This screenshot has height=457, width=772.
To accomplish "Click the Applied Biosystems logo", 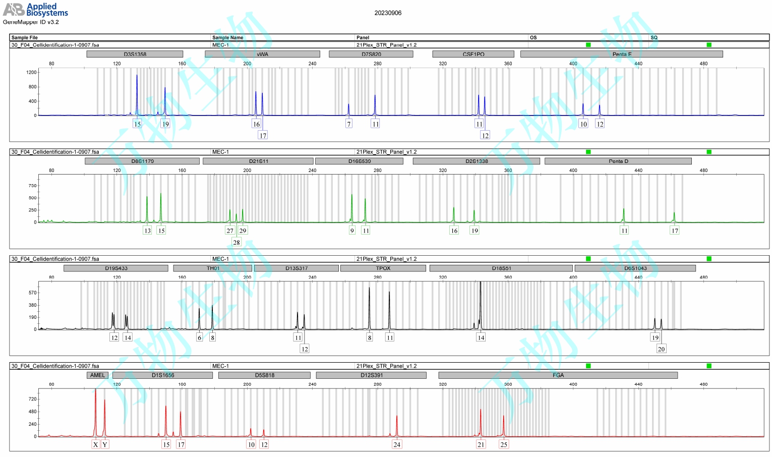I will coord(35,10).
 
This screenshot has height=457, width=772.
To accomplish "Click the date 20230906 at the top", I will coord(388,13).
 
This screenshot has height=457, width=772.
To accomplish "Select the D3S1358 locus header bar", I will coord(135,54).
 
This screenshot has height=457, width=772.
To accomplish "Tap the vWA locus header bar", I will coord(262,54).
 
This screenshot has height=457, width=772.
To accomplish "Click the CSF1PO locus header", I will coord(473,54).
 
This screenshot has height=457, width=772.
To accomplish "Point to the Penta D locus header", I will coord(618,161).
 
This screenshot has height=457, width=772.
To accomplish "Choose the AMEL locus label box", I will coord(97,375).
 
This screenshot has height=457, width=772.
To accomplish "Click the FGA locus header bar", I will coord(558,375).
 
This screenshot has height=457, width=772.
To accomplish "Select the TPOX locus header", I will coord(383,268).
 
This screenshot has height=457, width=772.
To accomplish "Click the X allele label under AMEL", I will coord(95,444).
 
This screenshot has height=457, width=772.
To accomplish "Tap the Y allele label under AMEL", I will coord(104,444).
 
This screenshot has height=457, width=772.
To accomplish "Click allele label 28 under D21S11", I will coord(236,242).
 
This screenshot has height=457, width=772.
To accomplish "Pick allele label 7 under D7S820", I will coord(348,124).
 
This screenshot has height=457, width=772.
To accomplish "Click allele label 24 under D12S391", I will coord(397,444).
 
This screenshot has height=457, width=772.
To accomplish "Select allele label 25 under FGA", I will coord(504,444).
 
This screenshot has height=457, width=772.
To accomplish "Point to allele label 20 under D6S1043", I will coord(661,349).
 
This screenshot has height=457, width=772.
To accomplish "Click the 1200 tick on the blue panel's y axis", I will coord(31,72).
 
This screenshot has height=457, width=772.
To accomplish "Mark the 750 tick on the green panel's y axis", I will coord(32,186).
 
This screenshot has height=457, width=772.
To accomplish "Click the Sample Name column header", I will coord(227,37).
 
